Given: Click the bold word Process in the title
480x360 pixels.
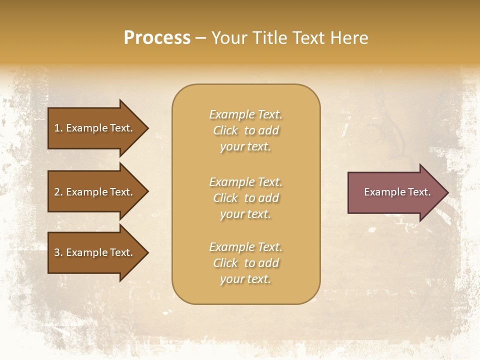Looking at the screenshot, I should [157, 38].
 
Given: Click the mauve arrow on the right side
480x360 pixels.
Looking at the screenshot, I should [395, 192].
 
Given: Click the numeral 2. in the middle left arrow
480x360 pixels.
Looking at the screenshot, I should [58, 192].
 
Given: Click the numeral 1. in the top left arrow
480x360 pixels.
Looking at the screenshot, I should [58, 128].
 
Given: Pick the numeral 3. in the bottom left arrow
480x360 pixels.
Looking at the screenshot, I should [58, 252].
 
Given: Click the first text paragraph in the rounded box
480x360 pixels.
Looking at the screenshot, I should [245, 130].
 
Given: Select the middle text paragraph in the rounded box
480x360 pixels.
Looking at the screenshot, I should [245, 198].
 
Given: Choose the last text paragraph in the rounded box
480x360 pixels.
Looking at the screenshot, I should [245, 263].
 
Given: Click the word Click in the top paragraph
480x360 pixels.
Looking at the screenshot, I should [225, 130].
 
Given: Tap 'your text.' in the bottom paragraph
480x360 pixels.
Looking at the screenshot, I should [245, 279].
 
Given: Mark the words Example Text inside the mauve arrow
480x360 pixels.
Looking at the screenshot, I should [397, 192].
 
